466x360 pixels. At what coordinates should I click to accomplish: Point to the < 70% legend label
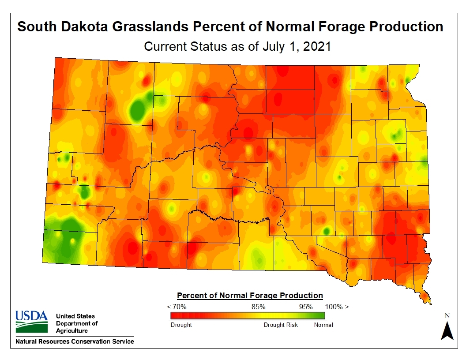click(177, 307)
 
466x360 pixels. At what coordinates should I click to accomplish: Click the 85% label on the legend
click(258, 307)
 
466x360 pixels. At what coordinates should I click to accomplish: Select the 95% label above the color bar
click(306, 307)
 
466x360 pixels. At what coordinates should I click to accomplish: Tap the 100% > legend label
click(337, 307)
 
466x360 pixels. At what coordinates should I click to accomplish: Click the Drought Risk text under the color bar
click(281, 325)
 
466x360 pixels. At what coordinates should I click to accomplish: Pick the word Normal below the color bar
click(323, 325)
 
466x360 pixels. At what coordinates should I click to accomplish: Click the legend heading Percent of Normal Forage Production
click(250, 296)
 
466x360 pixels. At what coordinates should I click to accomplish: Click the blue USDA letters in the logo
click(31, 316)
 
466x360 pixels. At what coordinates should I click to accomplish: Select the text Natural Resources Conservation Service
click(75, 341)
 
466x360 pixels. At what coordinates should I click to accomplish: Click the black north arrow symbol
click(447, 331)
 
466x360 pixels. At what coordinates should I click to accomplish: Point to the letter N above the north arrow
click(447, 315)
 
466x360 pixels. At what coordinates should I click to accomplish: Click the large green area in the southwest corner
click(64, 240)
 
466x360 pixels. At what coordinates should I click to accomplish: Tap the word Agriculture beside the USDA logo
click(71, 330)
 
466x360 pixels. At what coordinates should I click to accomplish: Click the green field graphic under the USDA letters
click(31, 327)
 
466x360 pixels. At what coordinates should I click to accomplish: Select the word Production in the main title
click(406, 26)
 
